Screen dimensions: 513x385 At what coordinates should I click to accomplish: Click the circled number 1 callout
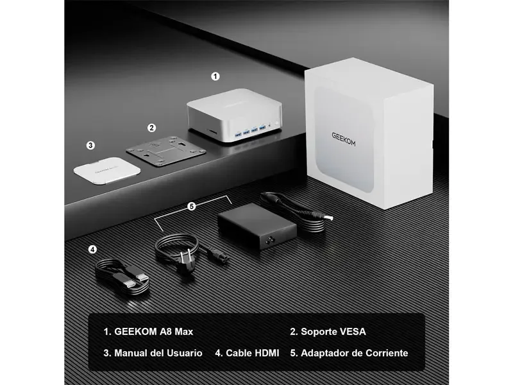[215, 76]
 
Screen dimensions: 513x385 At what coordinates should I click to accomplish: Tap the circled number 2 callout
[151, 128]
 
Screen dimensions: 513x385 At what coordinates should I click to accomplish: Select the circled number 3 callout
[90, 145]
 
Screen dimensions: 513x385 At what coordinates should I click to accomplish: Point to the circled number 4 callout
[92, 250]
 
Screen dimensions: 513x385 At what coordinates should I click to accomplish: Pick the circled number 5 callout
[192, 206]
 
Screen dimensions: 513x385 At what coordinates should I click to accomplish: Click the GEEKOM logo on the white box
[344, 139]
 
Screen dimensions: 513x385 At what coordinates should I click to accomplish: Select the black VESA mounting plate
[166, 151]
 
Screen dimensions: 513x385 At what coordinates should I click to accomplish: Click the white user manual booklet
[107, 171]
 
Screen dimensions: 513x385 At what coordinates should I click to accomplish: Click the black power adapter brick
[257, 226]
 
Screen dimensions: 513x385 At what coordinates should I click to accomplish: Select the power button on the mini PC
[277, 123]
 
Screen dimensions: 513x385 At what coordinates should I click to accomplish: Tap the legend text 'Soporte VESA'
[333, 332]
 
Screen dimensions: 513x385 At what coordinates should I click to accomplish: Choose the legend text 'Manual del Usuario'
[158, 354]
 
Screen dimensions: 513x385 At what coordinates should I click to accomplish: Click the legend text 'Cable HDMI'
[253, 354]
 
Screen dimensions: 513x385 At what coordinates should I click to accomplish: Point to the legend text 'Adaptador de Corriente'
[355, 354]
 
